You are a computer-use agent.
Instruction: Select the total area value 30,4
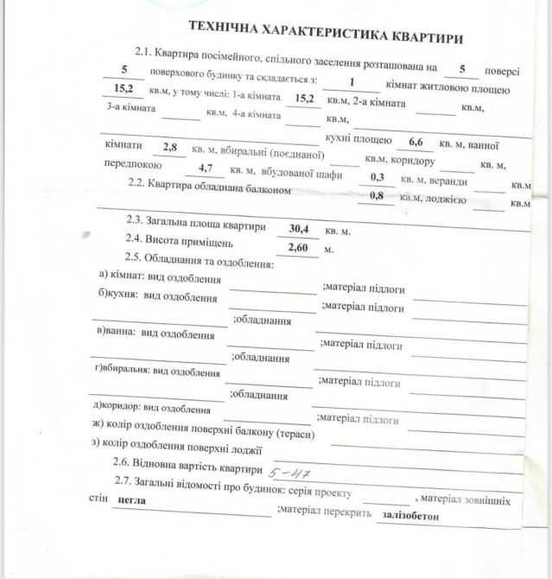[x=298, y=229]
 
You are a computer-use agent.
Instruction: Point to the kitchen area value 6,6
[x=416, y=141]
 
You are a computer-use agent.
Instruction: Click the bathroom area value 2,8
[x=170, y=148]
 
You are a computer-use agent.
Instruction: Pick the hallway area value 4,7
[x=206, y=169]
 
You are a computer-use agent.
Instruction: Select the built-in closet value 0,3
[x=378, y=175]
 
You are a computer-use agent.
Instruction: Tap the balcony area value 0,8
[x=377, y=195]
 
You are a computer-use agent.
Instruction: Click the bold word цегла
[x=130, y=499]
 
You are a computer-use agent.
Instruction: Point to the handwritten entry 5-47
[x=290, y=473]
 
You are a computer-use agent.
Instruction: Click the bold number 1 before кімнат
[x=352, y=83]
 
